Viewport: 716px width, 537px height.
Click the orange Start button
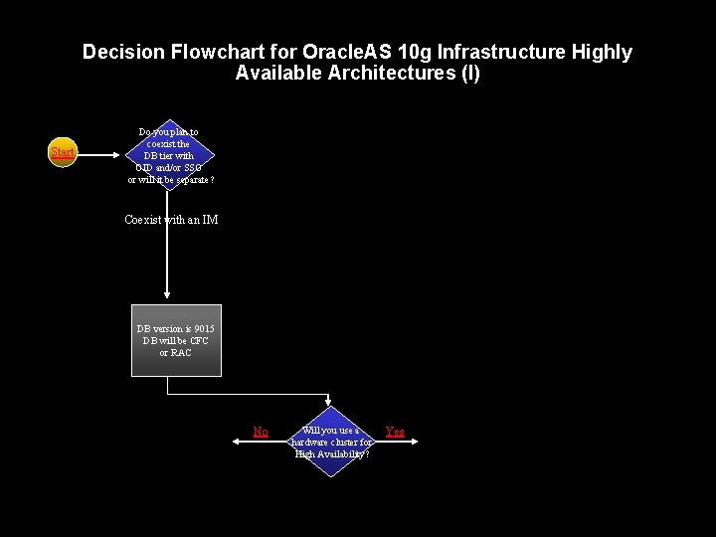click(63, 152)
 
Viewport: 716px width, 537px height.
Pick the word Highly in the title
click(600, 52)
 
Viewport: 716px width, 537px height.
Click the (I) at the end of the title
click(470, 74)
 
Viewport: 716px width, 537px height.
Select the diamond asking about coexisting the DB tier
click(169, 154)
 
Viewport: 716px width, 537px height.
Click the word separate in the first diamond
click(190, 179)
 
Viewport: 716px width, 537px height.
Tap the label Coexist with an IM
click(171, 220)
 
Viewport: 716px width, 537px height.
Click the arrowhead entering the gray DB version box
click(167, 296)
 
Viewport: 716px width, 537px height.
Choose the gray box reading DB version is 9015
click(176, 340)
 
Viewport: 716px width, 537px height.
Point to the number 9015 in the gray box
click(204, 329)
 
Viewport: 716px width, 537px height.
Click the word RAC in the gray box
click(181, 353)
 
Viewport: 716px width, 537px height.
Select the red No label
click(261, 432)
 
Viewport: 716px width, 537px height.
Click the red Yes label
click(395, 432)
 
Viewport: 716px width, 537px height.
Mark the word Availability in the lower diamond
click(342, 453)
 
